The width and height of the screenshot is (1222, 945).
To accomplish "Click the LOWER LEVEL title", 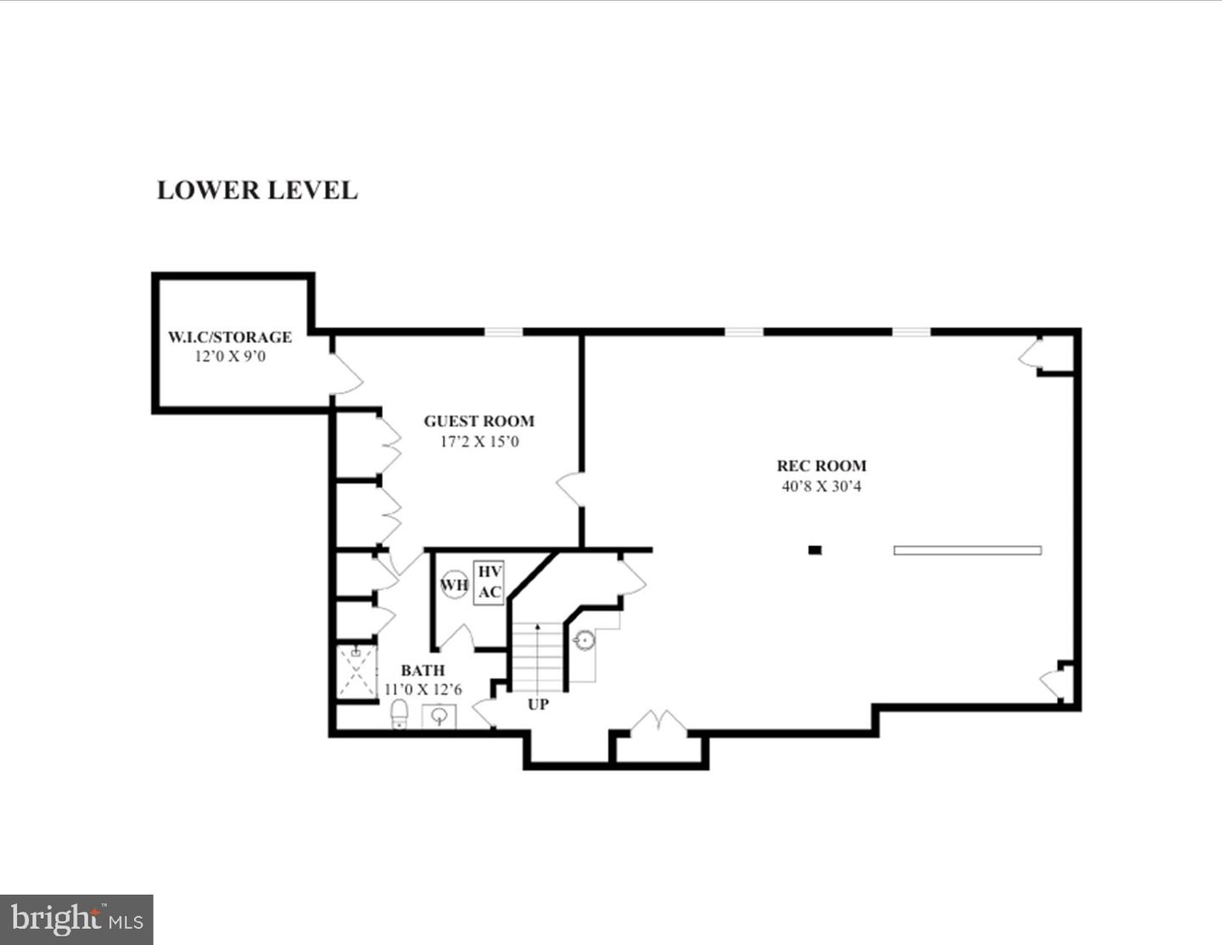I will point(257,190).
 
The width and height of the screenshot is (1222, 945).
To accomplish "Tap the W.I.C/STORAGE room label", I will point(230,337).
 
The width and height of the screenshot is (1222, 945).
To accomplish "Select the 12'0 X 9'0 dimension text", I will point(230,357).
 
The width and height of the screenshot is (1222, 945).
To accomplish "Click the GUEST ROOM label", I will point(479,421).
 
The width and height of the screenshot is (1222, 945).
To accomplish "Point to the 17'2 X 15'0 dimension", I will point(479,442).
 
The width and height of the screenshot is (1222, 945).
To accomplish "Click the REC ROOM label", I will point(821,466).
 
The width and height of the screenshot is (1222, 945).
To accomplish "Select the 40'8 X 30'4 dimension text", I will point(821,487).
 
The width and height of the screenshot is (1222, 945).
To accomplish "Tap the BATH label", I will point(423,671).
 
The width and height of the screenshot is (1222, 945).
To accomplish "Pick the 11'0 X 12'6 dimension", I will point(423,689).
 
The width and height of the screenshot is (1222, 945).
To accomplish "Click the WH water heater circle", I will point(454,584).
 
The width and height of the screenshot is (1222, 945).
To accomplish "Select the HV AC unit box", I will point(489,582).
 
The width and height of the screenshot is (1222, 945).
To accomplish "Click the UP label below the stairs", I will point(538,705).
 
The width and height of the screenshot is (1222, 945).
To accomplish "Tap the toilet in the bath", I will point(399,714).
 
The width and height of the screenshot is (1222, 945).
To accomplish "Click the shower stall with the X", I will point(356,672).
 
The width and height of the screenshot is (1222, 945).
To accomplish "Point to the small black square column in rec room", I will point(815,550).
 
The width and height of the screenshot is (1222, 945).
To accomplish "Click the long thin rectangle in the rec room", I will point(967,550).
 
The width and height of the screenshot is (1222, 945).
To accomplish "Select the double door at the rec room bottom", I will point(659,723).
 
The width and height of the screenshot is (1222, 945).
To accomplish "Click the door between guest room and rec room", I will point(569,490).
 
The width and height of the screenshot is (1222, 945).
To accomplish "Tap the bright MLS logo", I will point(76,920).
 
